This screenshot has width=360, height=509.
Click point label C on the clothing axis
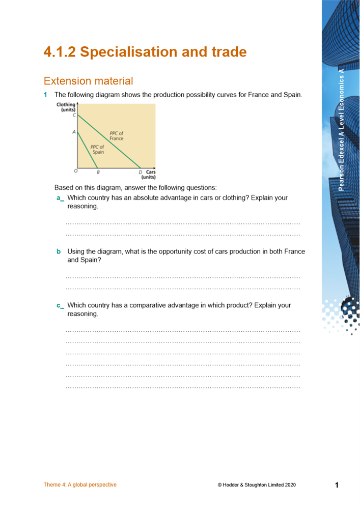(74, 116)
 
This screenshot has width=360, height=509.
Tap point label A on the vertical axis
(74, 132)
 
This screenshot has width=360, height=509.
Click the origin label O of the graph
(75, 172)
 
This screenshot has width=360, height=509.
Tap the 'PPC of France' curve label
(116, 136)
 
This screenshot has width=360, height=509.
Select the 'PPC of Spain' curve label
(97, 150)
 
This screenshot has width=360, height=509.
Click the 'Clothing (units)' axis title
(67, 107)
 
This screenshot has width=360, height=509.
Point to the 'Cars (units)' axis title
(148, 175)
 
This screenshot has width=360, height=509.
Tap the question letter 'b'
(59, 251)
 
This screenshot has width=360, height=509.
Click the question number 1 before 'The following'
(46, 95)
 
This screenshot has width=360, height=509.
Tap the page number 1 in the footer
(337, 485)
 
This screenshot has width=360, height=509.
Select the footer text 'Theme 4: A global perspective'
(80, 485)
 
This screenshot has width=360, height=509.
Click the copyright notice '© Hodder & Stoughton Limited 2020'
(257, 485)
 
